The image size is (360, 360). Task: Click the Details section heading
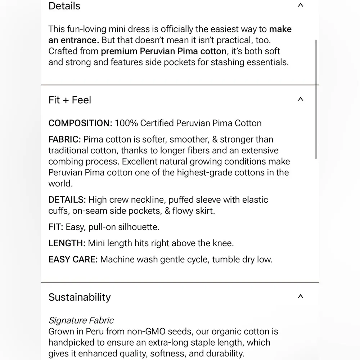(x=64, y=6)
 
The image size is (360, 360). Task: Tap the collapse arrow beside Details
(x=301, y=5)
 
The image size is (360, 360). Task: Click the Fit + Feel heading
(x=70, y=100)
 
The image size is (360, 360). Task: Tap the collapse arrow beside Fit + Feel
(x=301, y=99)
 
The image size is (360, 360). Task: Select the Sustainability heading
(x=80, y=297)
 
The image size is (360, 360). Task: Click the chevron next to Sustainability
(x=301, y=297)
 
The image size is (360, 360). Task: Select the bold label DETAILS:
(x=67, y=200)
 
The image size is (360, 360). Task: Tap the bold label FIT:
(x=56, y=227)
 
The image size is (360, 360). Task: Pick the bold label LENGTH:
(x=67, y=243)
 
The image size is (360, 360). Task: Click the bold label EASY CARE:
(x=73, y=259)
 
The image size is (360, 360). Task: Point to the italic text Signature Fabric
(x=81, y=320)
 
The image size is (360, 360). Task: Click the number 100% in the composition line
(x=126, y=123)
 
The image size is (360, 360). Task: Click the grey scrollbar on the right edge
(x=316, y=99)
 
